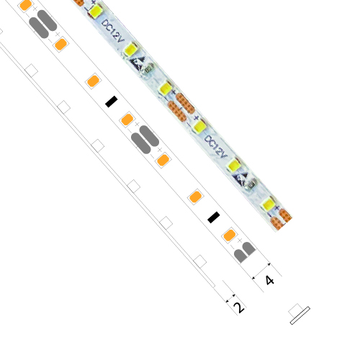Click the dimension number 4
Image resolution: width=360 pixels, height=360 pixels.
269,280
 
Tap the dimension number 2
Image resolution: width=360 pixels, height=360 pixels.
239,307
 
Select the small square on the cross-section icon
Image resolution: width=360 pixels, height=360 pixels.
295,310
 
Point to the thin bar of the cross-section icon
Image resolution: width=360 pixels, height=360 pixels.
300,315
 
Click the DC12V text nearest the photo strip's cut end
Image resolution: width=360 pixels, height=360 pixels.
215,147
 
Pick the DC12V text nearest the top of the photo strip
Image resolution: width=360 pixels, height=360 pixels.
112,31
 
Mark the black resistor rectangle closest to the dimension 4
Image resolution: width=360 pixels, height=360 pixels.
213,217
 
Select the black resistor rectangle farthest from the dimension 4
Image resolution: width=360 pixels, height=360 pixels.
112,102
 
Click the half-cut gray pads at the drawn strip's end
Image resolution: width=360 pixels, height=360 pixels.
245,252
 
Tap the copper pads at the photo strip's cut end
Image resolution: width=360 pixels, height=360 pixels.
281,219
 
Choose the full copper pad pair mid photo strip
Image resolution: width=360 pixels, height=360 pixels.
181,107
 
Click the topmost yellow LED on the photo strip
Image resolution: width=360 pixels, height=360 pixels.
95,11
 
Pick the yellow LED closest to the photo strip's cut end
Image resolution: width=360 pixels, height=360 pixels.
268,204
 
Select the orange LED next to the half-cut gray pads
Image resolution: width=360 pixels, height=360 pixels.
229,235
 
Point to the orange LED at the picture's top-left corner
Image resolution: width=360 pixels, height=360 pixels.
25,5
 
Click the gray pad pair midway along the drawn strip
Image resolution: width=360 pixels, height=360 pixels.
145,140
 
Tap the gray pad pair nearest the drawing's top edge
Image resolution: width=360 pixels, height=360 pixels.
42,24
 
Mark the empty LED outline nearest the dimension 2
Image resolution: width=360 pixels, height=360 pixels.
199,261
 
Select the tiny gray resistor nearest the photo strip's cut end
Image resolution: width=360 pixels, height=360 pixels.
251,185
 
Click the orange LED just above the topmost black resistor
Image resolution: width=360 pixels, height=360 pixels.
93,81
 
